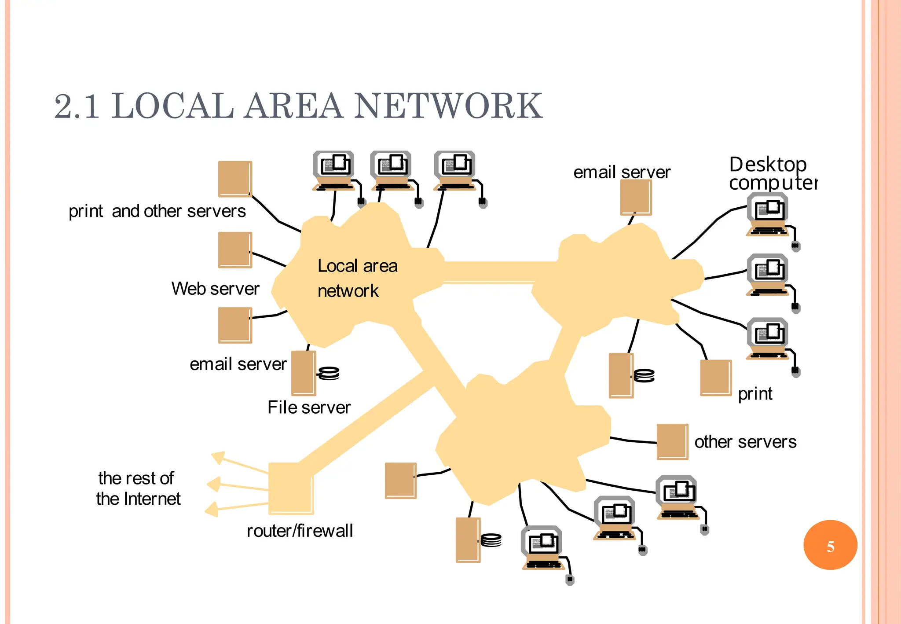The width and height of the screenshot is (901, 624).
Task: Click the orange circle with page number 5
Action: point(830,545)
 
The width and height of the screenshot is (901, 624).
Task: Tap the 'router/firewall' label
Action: point(300,531)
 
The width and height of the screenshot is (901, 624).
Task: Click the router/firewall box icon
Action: point(290,488)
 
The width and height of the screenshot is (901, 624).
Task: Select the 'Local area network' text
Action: point(357,278)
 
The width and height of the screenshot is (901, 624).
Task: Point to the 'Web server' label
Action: point(215,289)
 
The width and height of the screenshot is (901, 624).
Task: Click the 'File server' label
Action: point(309,407)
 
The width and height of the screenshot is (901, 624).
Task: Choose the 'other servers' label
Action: point(745,442)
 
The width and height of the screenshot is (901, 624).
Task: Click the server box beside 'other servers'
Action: point(672,441)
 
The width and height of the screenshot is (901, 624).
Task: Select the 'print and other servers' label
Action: point(157,211)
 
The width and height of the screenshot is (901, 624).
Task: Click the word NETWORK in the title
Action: point(448,106)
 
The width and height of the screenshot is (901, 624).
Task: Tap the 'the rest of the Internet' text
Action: point(138,488)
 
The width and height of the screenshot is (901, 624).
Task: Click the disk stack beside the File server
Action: point(329,373)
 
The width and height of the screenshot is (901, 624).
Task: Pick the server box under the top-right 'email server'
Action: point(636,198)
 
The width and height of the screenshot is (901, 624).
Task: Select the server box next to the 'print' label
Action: point(716,378)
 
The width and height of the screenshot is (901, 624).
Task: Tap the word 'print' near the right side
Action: point(755,394)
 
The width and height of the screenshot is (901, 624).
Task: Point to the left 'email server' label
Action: point(238,364)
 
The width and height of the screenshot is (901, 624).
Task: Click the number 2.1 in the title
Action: point(77,106)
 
